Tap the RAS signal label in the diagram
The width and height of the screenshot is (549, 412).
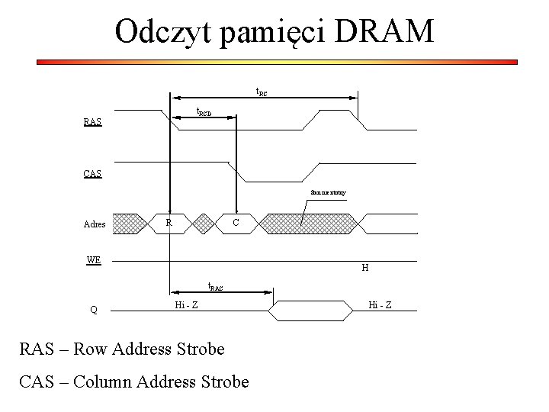[x=93, y=122]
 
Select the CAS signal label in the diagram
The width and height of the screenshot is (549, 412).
[x=93, y=173]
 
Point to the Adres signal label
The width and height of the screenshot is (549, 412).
[x=95, y=225]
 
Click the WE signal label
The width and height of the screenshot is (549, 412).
[x=93, y=259]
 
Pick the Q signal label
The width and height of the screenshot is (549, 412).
[x=93, y=310]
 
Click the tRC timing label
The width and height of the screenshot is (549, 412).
[x=261, y=93]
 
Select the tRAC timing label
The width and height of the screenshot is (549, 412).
[x=216, y=287]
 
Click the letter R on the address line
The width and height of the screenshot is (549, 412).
[x=169, y=222]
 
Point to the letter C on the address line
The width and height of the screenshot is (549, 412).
[x=236, y=222]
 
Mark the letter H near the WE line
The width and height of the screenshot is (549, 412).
[x=365, y=268]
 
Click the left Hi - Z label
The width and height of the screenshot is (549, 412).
[x=186, y=305]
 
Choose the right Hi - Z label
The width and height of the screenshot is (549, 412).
[x=380, y=305]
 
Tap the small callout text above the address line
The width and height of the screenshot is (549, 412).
[x=328, y=193]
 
